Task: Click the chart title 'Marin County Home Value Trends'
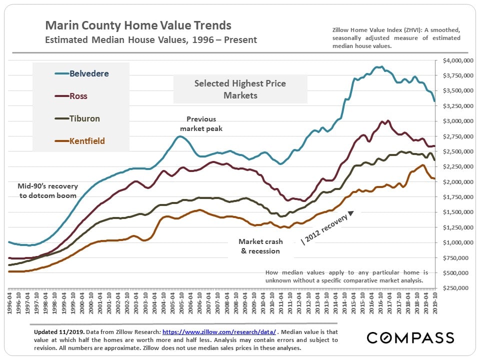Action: [x=138, y=25]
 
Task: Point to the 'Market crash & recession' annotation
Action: [x=260, y=246]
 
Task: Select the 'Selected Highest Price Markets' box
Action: [x=240, y=89]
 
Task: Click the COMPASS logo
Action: [x=410, y=337]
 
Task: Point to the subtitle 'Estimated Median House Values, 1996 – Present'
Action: [x=151, y=39]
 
